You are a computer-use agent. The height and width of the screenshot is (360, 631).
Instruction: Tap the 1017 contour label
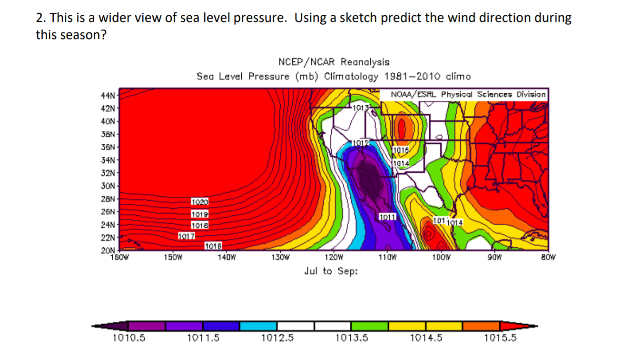[186, 236]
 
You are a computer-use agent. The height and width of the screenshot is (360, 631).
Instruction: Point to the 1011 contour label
[386, 217]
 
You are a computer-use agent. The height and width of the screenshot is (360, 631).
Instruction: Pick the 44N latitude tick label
[108, 95]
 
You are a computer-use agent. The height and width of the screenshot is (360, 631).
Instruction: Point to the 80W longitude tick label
[548, 258]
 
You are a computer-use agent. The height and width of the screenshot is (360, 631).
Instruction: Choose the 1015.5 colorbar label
[500, 338]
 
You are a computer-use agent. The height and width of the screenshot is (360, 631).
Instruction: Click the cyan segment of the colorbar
[258, 326]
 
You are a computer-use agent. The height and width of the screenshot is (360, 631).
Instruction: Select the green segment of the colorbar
[370, 326]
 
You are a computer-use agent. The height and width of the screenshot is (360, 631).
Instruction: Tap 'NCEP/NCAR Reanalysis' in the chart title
[333, 62]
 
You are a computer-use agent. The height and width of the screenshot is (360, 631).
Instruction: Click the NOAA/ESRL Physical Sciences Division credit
[468, 94]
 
